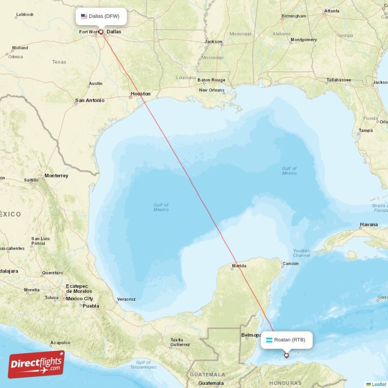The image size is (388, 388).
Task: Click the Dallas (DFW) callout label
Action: [101, 16]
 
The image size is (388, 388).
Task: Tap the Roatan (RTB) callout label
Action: [286, 339]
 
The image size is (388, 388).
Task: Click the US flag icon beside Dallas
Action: [84, 16]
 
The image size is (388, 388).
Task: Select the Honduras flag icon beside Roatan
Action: [269, 339]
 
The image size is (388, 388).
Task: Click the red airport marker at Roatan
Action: [286, 356]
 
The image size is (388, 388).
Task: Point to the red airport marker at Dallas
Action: [101, 32]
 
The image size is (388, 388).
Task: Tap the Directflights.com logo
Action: [36, 364]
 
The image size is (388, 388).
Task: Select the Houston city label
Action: [140, 94]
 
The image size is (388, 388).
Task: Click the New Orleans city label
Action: [212, 90]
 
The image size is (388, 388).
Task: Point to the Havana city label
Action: [369, 225]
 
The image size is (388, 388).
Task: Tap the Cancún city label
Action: [291, 263]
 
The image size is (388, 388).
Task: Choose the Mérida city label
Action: [239, 266]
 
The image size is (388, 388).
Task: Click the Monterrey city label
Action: [56, 176]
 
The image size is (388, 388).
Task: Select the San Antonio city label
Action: [89, 100]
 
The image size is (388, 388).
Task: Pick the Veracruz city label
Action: [127, 299]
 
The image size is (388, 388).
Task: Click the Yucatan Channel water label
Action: [301, 253]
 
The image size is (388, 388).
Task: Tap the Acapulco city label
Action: [60, 342]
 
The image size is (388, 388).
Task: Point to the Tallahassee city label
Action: [339, 80]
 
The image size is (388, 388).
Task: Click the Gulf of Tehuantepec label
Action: [143, 365]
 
